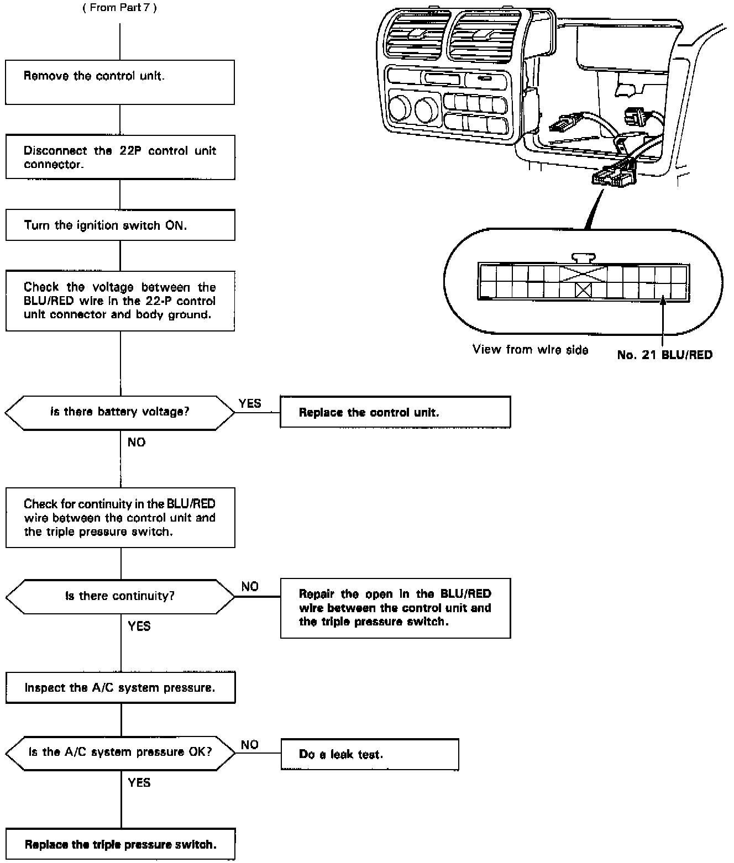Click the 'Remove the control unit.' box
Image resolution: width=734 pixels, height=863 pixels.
[x=120, y=82]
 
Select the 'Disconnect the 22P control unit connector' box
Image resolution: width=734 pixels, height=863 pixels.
[x=120, y=157]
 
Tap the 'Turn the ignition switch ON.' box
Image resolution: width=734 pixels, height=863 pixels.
[x=120, y=225]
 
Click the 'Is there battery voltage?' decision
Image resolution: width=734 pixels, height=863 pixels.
[x=120, y=412]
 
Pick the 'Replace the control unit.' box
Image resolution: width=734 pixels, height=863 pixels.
[x=395, y=412]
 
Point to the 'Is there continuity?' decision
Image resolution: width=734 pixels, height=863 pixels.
[x=120, y=596]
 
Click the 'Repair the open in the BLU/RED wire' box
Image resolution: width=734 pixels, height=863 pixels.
[x=395, y=608]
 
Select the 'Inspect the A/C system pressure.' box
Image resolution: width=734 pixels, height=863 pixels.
[x=120, y=688]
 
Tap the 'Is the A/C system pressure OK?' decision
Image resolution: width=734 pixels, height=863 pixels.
[x=120, y=752]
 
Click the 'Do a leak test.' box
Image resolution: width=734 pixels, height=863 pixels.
[x=369, y=754]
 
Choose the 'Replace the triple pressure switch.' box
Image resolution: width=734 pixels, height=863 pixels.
[x=120, y=844]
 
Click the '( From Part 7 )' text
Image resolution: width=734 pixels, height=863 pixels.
[x=119, y=9]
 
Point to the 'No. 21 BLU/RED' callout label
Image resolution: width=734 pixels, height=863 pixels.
[x=664, y=355]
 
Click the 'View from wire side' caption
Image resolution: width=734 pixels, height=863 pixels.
[x=530, y=349]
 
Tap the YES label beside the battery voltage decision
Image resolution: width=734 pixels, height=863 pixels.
[x=250, y=403]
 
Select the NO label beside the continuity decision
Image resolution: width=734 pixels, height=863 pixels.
[x=250, y=586]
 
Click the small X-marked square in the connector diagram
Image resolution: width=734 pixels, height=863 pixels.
[x=583, y=290]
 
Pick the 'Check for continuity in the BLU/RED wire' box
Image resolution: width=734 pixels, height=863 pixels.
[x=120, y=518]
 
